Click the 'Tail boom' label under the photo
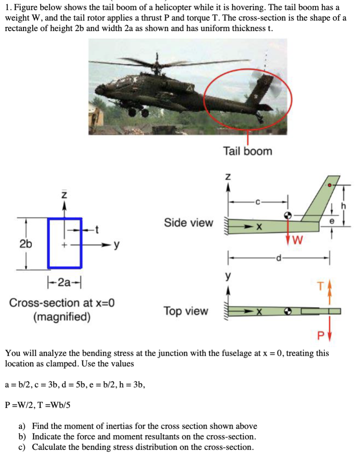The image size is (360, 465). [247, 151]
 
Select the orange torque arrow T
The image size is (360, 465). [329, 294]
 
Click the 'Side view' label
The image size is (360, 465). [188, 223]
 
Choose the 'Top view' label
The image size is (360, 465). [186, 311]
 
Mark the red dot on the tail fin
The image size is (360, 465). [330, 185]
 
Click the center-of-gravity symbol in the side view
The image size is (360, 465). [288, 214]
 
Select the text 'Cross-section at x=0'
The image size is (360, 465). [62, 302]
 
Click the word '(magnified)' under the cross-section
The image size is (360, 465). [62, 317]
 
